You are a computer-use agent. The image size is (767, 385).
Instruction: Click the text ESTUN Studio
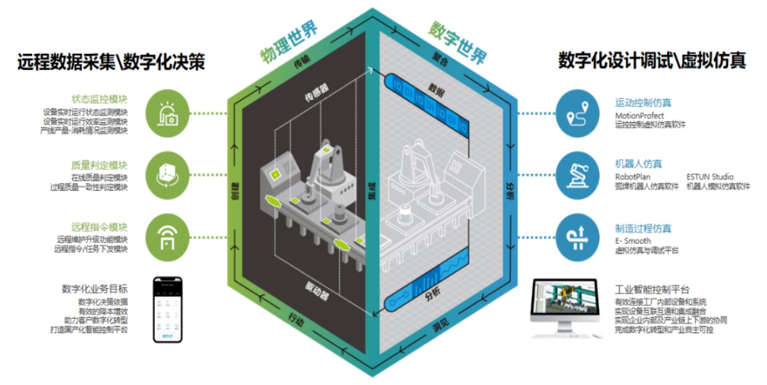point(710,177)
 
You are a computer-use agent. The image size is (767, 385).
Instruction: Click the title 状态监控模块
point(99,99)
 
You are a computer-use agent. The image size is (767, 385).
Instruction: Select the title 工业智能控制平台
point(652,290)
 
